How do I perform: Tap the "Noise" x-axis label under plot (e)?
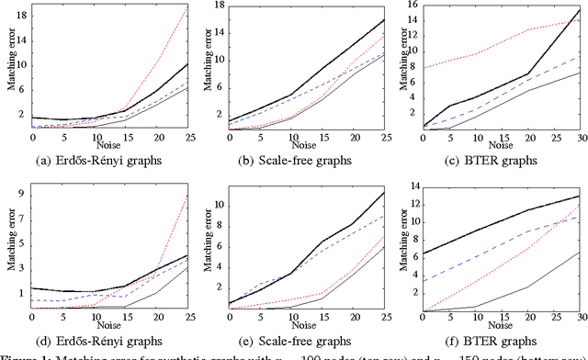pyautogui.click(x=302, y=324)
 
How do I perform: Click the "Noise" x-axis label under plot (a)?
pyautogui.click(x=108, y=144)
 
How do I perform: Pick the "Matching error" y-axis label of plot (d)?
pyautogui.click(x=11, y=247)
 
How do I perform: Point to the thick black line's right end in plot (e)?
pyautogui.click(x=383, y=192)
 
